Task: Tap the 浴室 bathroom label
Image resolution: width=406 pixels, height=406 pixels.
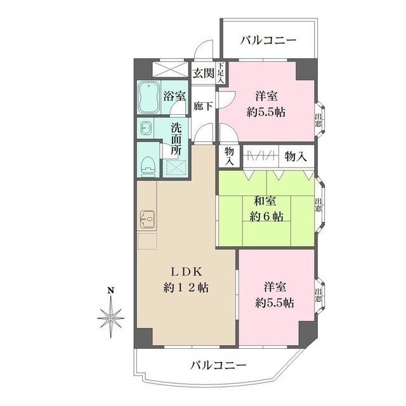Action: pos(174,96)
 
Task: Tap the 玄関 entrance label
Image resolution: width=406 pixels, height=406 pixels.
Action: pos(204,73)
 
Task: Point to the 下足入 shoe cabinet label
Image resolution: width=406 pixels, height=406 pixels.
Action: pos(221,73)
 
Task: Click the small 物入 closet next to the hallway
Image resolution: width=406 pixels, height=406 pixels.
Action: pos(228,156)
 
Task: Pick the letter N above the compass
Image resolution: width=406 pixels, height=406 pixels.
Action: pos(111,291)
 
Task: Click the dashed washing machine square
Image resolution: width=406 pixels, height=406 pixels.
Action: pos(173,167)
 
